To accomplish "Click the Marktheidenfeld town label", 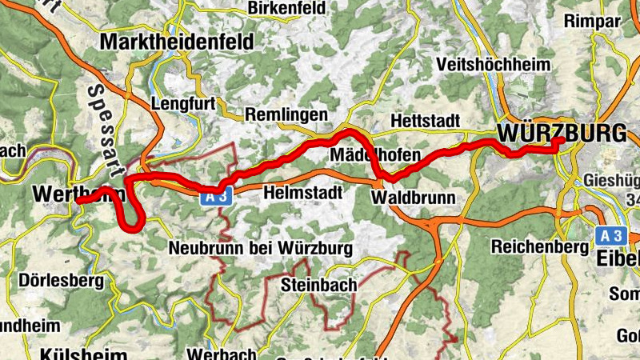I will coord(177,41).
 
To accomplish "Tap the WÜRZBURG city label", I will coord(561,133).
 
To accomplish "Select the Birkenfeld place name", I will coord(287,8).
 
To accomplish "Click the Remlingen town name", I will coord(286,114).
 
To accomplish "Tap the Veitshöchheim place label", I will coord(494,65).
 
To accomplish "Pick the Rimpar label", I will coord(592,22).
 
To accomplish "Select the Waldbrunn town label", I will coord(413,197).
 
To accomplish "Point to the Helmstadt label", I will coord(302,193).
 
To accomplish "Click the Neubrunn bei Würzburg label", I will coord(260,249).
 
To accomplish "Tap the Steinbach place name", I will coord(319,285).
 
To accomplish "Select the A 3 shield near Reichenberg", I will coord(611,235).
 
